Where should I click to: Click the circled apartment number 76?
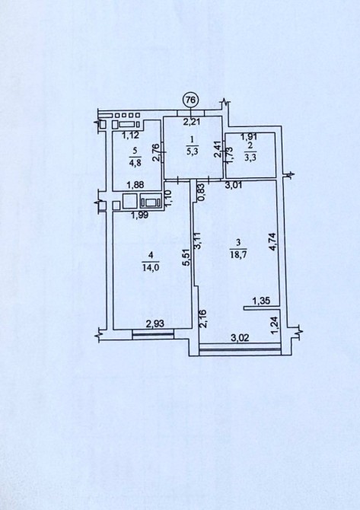190,100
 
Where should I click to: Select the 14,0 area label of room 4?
150,267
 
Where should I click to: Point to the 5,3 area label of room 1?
192,151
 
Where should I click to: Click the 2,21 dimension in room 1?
191,123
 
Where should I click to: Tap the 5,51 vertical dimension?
186,258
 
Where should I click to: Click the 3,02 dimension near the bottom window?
240,338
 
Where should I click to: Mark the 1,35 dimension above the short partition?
262,301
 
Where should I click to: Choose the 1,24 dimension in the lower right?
275,326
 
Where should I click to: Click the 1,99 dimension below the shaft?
139,215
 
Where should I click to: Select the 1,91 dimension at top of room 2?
249,137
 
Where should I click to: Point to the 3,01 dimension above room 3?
234,185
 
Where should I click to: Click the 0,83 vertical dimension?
201,193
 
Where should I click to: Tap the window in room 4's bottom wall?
154,335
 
